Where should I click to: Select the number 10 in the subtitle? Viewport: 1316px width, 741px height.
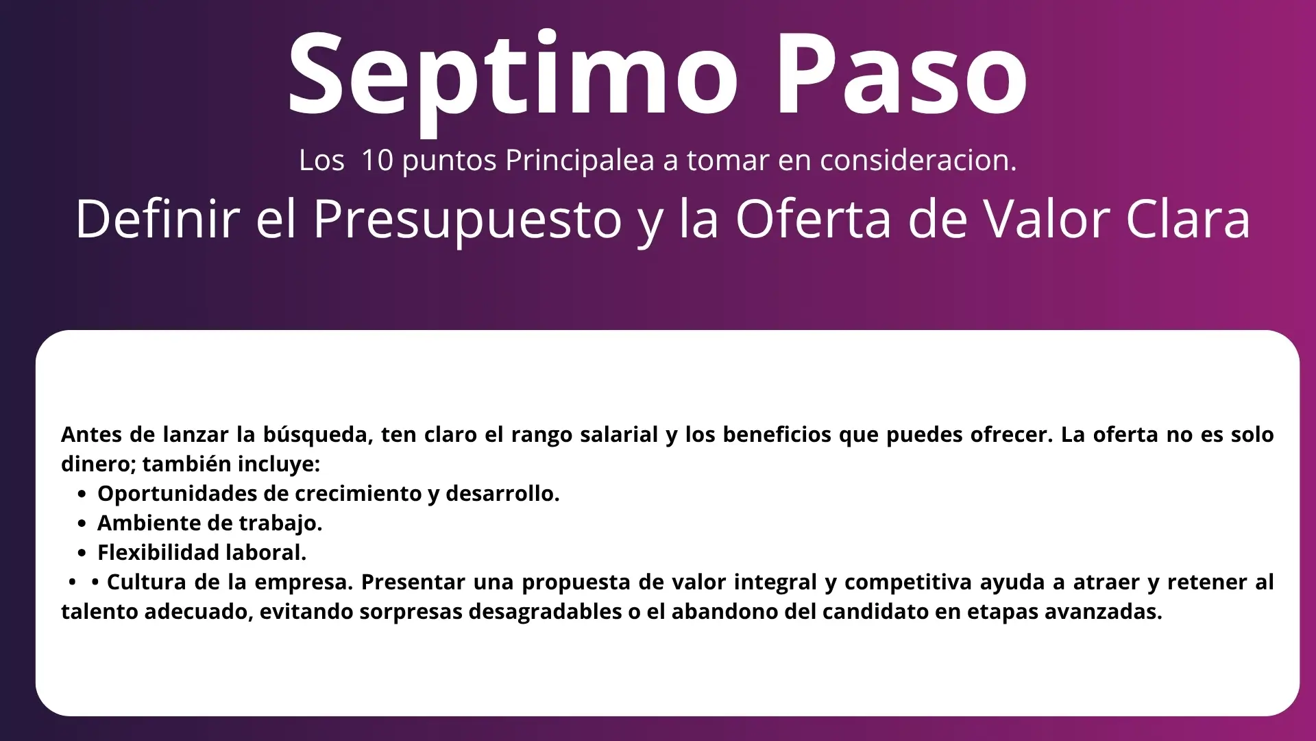pyautogui.click(x=376, y=160)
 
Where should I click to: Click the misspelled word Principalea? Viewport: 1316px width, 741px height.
pyautogui.click(x=580, y=161)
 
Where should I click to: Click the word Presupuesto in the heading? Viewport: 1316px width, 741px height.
pyautogui.click(x=467, y=220)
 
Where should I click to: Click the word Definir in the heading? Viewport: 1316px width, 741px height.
pyautogui.click(x=158, y=219)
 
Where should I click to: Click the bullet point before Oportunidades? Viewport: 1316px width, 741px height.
pyautogui.click(x=82, y=494)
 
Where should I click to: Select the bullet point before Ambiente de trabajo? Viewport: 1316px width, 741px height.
pyautogui.click(x=82, y=524)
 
